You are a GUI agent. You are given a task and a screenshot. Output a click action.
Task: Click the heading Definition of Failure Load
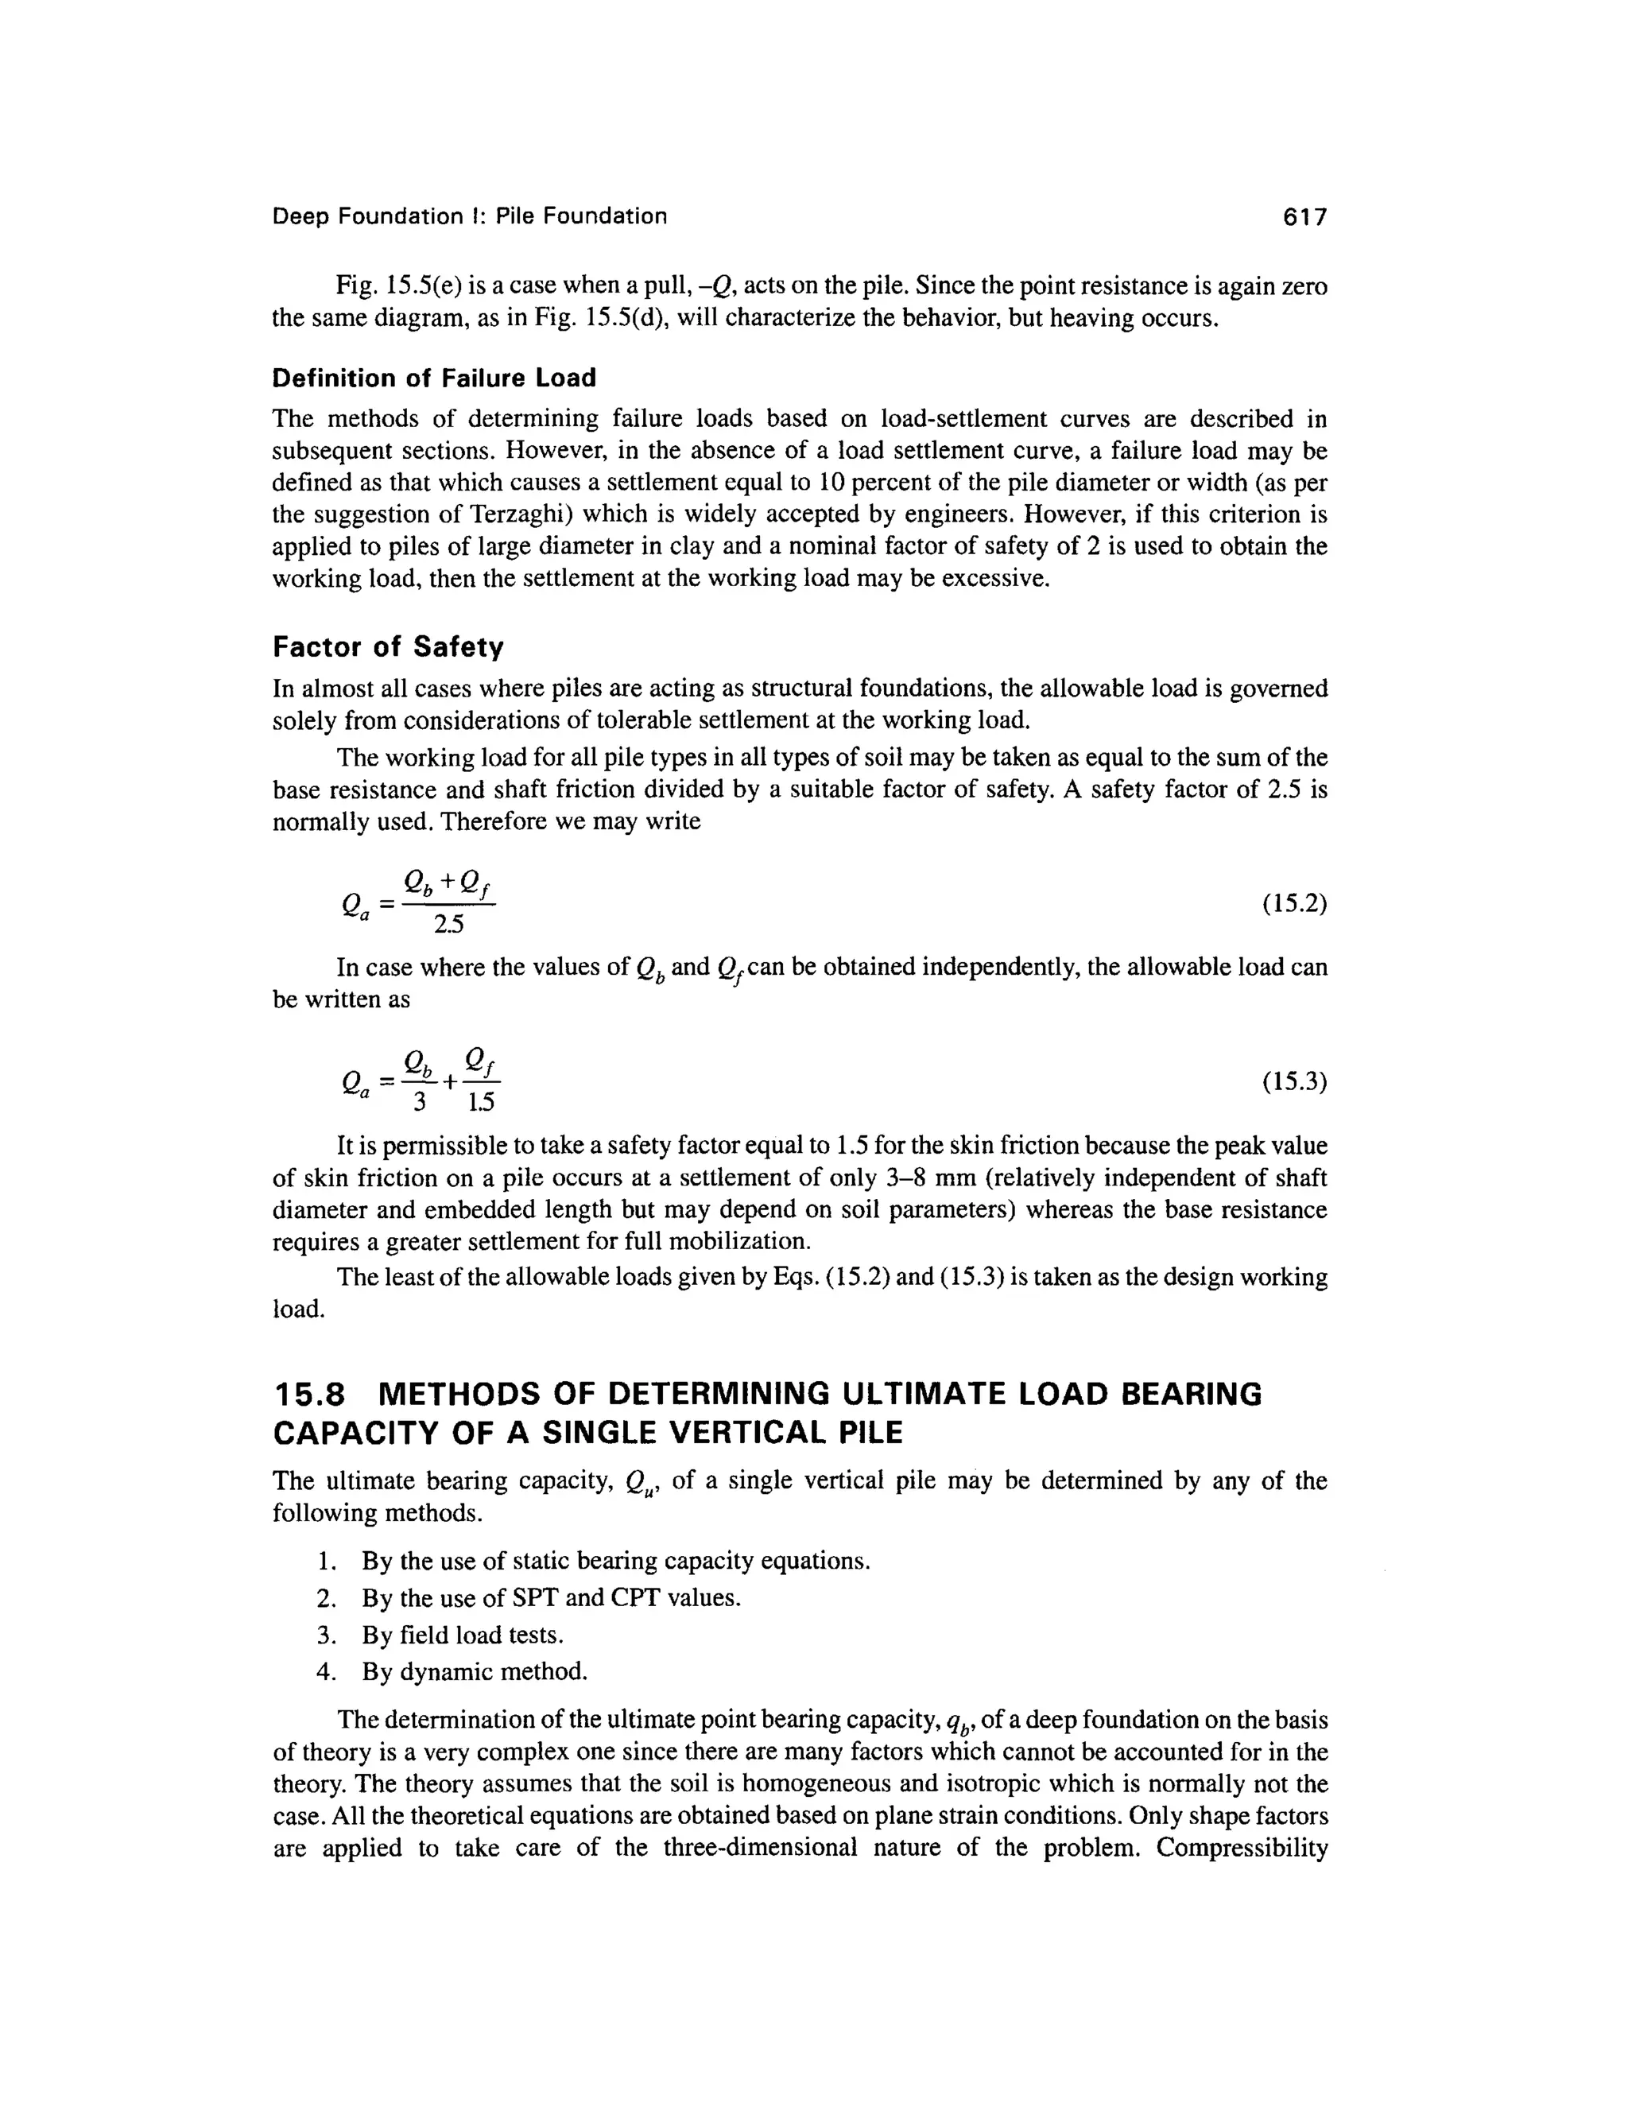pos(434,378)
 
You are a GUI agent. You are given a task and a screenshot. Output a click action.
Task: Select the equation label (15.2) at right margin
pos(1294,904)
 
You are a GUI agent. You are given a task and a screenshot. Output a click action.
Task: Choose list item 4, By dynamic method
pos(474,1671)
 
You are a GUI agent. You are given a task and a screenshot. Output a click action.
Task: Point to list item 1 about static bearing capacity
pos(615,1561)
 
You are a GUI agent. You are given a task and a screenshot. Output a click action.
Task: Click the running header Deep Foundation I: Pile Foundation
pos(469,217)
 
